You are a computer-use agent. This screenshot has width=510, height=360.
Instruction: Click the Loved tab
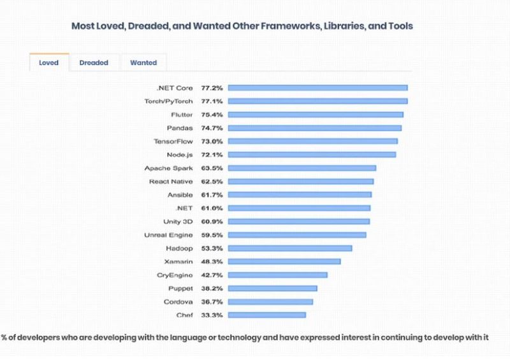[49, 62]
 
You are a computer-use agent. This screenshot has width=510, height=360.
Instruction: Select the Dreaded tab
[94, 62]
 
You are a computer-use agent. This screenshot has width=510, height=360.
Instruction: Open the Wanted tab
[143, 62]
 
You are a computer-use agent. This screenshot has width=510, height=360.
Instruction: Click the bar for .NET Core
[317, 88]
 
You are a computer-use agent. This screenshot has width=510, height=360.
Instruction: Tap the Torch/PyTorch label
[168, 101]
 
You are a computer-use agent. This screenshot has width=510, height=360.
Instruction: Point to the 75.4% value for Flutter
[212, 115]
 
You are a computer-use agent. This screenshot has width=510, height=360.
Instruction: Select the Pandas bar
[315, 128]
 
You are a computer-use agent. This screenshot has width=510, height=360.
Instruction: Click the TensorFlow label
[173, 141]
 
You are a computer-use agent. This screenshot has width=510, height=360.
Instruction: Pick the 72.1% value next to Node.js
[212, 155]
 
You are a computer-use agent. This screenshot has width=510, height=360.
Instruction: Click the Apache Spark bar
[302, 168]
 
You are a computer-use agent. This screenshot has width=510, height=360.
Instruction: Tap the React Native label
[171, 182]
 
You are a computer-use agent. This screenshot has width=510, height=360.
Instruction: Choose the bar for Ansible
[300, 195]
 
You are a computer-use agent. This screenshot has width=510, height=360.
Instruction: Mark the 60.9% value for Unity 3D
[212, 222]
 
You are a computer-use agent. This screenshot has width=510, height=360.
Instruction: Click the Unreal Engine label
[168, 235]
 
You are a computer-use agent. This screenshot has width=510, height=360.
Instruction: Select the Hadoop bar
[290, 248]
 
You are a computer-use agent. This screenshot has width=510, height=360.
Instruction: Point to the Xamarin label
[178, 262]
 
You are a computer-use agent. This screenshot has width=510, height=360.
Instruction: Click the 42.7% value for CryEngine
[212, 275]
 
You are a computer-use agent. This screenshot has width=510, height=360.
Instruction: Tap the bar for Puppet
[273, 289]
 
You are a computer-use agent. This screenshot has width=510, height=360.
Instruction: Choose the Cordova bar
[270, 302]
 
